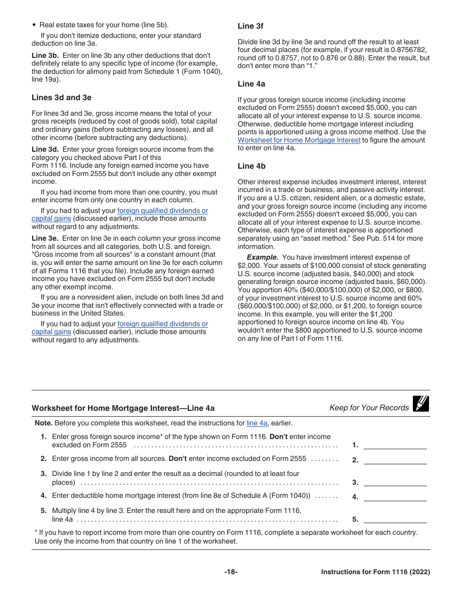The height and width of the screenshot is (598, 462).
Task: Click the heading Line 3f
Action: pos(250,26)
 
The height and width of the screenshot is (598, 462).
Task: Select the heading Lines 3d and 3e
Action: pos(61,98)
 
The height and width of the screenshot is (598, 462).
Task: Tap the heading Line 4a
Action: pos(251,84)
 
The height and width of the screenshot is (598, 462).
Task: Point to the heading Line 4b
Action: pos(251,166)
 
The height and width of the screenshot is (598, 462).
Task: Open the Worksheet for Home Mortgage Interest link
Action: pos(299,140)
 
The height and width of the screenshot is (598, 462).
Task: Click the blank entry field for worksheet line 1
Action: pos(395,444)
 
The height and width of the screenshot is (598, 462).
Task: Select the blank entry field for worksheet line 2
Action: pos(395,460)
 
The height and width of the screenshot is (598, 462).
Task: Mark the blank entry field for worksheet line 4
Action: pos(395,497)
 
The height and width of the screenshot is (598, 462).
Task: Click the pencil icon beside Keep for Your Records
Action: pos(421,404)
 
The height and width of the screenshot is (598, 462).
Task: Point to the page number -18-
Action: pos(231,572)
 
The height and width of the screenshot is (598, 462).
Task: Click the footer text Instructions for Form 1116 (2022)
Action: pos(375,572)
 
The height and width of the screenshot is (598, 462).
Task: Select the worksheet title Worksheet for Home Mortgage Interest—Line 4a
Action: pos(123,408)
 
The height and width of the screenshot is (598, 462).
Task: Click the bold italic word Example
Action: pos(262,257)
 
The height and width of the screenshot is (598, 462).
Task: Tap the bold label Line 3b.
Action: pos(45,55)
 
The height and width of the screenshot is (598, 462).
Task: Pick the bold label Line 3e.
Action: pos(45,238)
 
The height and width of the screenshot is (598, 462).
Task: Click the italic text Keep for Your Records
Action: pos(369,408)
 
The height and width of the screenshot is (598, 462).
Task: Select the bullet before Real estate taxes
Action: pos(34,25)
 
